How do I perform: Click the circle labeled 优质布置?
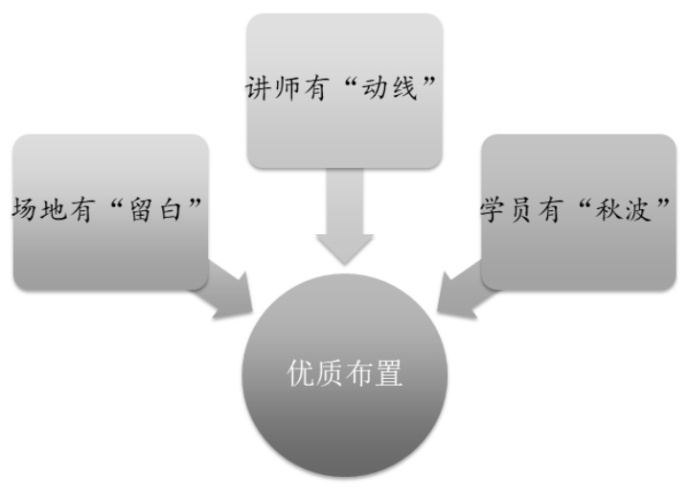[345, 374]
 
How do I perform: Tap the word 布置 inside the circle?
[375, 374]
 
